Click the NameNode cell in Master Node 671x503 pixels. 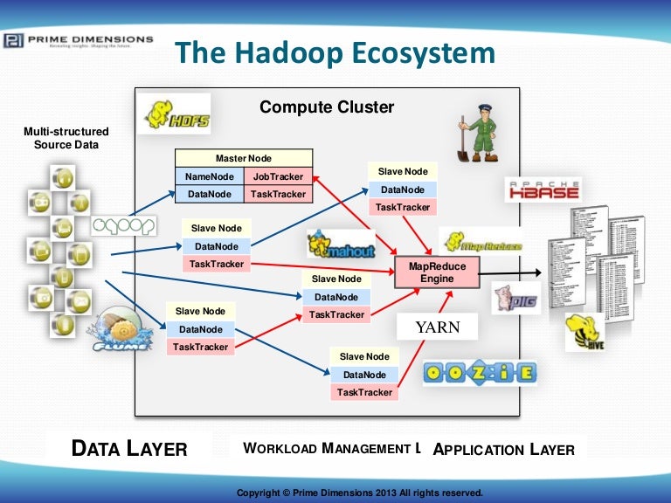pyautogui.click(x=210, y=176)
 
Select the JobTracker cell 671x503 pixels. pyautogui.click(x=278, y=176)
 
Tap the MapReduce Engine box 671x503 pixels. pyautogui.click(x=438, y=272)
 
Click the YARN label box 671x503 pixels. pyautogui.click(x=437, y=327)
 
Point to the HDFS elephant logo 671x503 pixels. pyautogui.click(x=174, y=114)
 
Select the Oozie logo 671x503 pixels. pyautogui.click(x=480, y=373)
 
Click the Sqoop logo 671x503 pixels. pyautogui.click(x=123, y=225)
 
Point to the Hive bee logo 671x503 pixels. pyautogui.click(x=585, y=333)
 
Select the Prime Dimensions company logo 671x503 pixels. pyautogui.click(x=78, y=40)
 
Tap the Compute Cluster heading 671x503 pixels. pyautogui.click(x=327, y=108)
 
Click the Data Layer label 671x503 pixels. pyautogui.click(x=129, y=449)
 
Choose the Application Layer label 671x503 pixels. pyautogui.click(x=504, y=450)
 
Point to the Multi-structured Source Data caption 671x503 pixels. pyautogui.click(x=66, y=138)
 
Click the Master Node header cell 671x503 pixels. pyautogui.click(x=244, y=158)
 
